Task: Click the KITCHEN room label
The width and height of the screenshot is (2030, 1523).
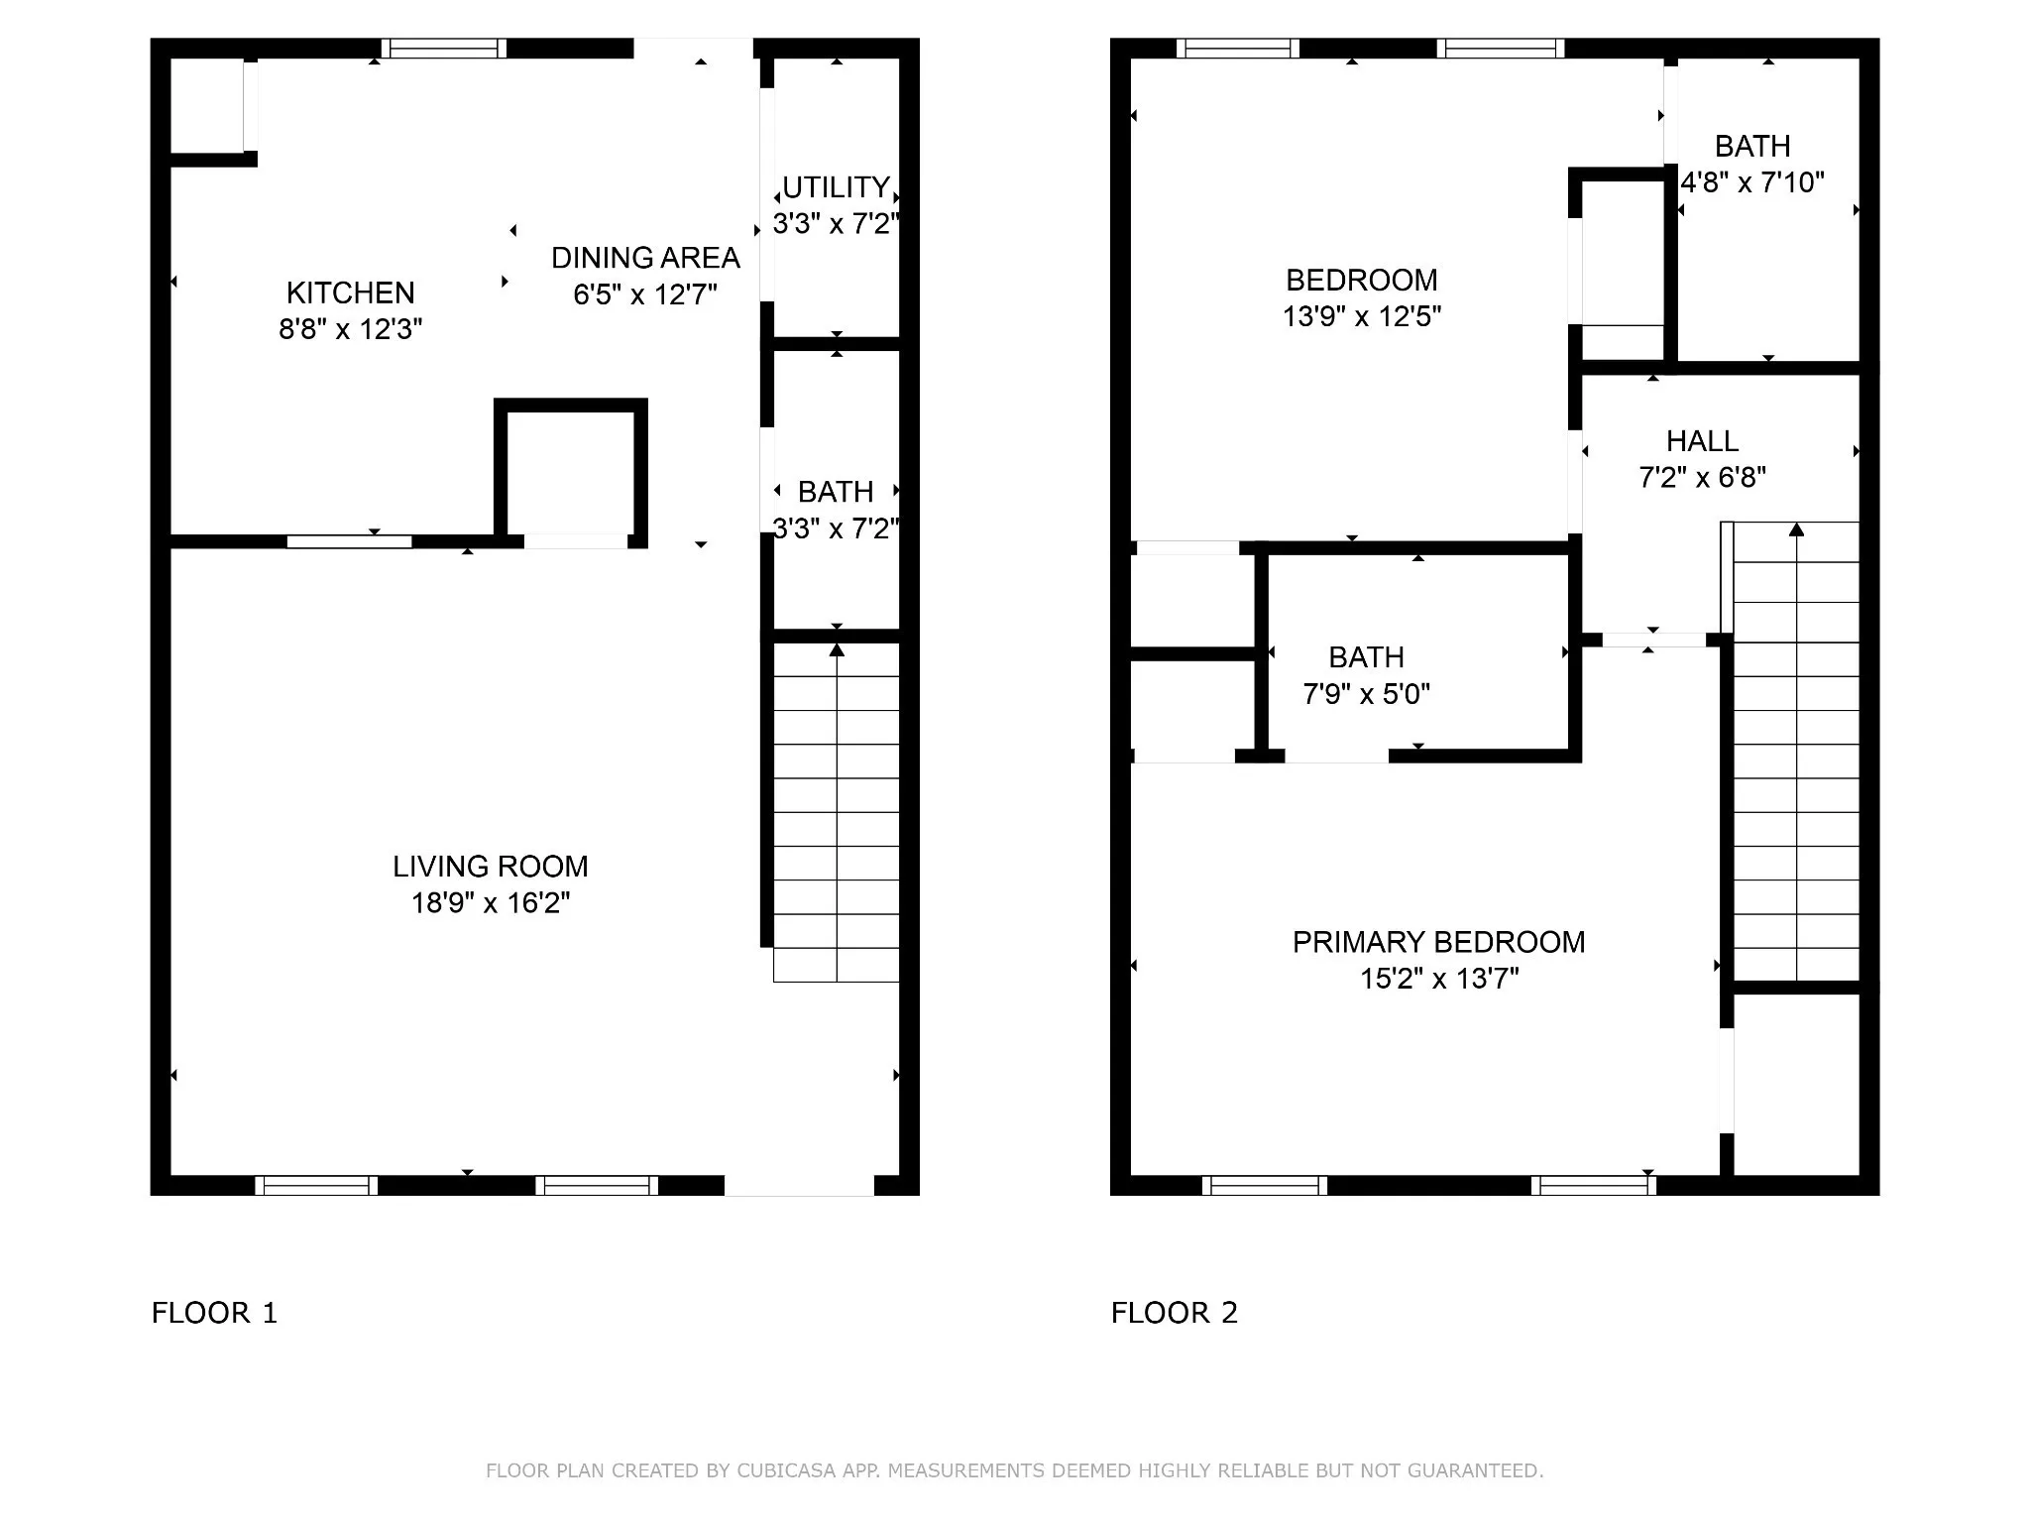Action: click(350, 293)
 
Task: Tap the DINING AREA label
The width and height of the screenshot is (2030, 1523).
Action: click(645, 258)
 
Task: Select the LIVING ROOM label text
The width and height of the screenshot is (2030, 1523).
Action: click(491, 867)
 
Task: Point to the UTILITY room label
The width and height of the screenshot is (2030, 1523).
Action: click(836, 187)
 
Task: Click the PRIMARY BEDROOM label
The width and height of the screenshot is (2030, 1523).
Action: click(1439, 942)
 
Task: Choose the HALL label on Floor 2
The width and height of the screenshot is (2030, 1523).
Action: click(1702, 441)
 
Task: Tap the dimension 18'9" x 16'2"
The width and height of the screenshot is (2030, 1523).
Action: click(491, 903)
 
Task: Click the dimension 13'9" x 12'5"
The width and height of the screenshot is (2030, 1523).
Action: click(1362, 316)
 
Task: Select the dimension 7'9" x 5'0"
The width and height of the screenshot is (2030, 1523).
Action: click(1366, 694)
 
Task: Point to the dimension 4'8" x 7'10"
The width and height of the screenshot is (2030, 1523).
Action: click(1752, 182)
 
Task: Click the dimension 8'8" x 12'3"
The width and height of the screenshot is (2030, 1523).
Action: click(350, 329)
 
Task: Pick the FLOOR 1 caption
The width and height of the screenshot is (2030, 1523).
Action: click(214, 1313)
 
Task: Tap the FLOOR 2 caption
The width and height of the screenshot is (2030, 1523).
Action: click(1175, 1313)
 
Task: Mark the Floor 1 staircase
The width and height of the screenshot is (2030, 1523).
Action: click(837, 812)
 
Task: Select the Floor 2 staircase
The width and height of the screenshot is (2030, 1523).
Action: click(1795, 751)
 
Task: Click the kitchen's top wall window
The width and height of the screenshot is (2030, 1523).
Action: click(444, 49)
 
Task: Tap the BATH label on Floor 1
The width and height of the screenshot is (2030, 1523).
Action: click(836, 492)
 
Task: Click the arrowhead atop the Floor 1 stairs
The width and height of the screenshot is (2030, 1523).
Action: click(837, 649)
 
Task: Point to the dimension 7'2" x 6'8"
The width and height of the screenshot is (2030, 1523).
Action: click(1702, 478)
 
